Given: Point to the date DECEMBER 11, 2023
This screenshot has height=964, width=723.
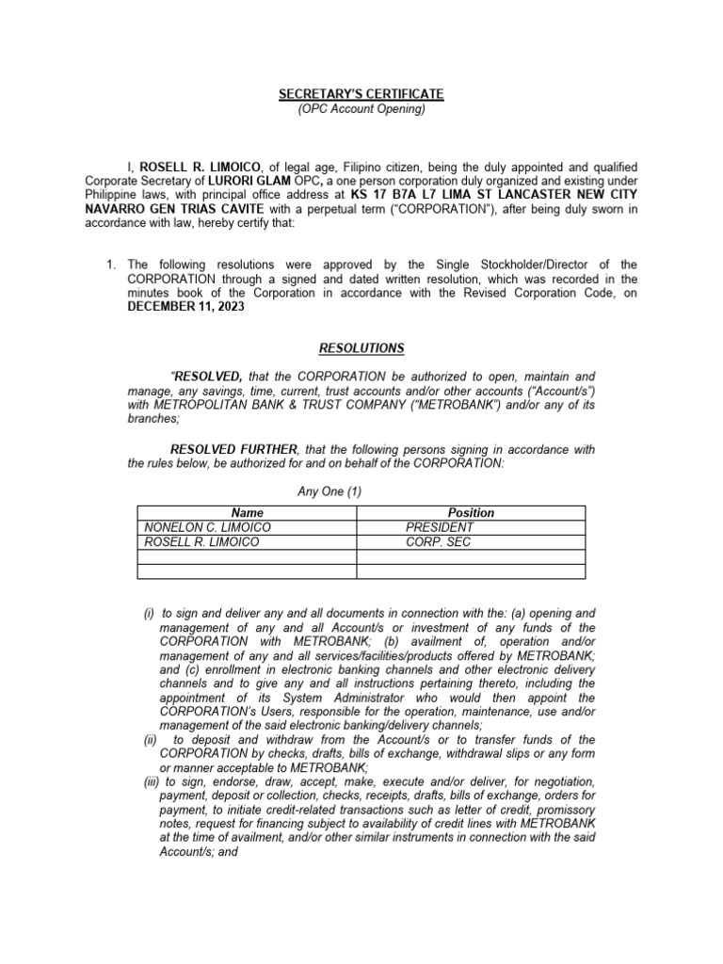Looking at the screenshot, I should point(185,307).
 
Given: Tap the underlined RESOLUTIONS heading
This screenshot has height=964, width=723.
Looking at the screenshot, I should point(361,348).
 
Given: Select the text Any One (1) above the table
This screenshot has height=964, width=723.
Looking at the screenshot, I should point(329,491).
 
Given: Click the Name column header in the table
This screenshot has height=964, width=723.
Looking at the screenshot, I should point(247,513).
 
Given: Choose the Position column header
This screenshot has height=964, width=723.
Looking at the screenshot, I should point(471,513).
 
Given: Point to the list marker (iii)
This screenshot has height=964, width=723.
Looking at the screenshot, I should point(151,782).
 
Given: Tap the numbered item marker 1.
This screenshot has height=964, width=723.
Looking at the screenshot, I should point(111,265).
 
